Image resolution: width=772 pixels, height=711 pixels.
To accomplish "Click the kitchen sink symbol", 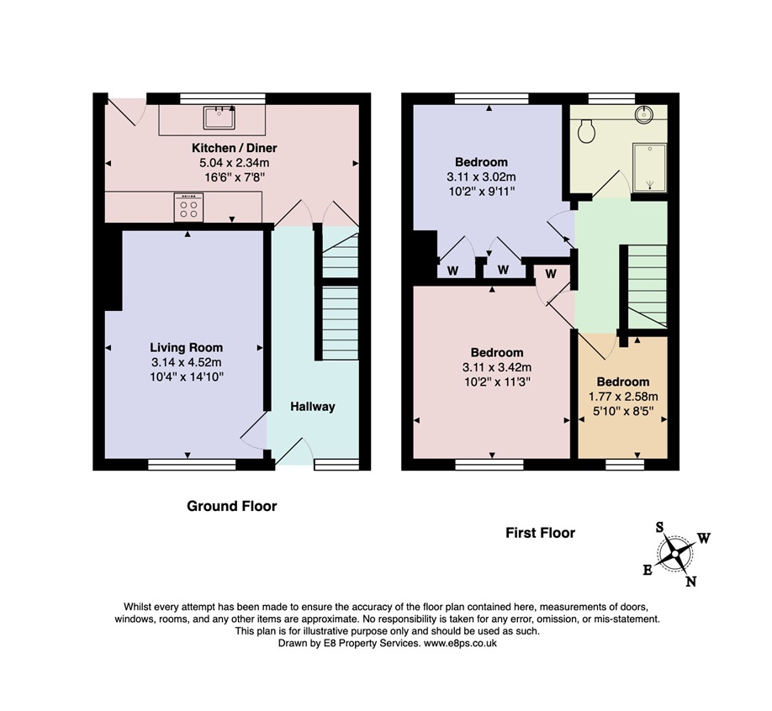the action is pos(219,117).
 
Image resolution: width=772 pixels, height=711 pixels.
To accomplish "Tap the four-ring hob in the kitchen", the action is pos(188,207).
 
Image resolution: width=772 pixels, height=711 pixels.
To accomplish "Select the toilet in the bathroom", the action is pos(586,131).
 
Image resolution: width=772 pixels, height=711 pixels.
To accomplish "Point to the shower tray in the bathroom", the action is pos(649,167).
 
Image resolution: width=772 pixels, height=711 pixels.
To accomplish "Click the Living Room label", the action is pos(187,348).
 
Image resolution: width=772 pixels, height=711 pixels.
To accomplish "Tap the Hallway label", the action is pos(313,407).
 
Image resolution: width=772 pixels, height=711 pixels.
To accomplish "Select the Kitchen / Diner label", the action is pos(235,148).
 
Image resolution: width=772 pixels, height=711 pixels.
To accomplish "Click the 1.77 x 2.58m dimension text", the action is pos(623,397).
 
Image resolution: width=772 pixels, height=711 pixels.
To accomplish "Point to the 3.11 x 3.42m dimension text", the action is pos(497,367).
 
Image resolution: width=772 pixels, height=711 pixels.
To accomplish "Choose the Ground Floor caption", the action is pos(232,506).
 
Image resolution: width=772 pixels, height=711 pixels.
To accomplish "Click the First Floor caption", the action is pos(540,533).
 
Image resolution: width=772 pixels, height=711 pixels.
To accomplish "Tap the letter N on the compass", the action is pos(690,582).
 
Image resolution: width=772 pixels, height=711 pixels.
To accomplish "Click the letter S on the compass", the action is pos(659,528).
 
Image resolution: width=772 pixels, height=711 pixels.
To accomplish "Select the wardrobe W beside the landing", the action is pos(551,274).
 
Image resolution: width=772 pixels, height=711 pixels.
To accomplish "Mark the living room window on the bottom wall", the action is pos(192,465).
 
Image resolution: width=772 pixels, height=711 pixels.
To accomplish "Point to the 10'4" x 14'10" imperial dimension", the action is pos(187,377).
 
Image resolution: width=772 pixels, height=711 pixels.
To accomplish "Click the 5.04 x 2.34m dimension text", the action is pos(235,163).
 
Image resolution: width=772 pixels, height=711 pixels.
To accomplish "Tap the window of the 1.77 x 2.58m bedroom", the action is pos(625,465).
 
